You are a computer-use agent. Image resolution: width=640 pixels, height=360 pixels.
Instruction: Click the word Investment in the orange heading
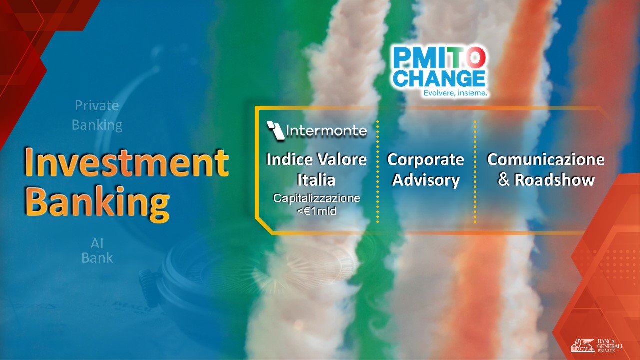click(x=126, y=163)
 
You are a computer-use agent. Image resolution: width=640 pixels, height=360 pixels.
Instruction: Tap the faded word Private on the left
click(x=97, y=105)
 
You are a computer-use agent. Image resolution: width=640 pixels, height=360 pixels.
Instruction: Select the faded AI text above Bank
click(x=97, y=243)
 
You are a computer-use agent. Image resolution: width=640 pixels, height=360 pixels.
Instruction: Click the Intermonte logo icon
click(x=275, y=131)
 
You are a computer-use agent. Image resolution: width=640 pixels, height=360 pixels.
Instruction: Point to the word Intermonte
click(x=326, y=131)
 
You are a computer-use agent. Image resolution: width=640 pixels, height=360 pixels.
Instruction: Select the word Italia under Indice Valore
click(x=316, y=180)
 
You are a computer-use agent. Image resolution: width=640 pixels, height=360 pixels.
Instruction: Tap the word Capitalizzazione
click(x=316, y=198)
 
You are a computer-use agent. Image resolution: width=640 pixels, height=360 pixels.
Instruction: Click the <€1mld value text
click(x=316, y=211)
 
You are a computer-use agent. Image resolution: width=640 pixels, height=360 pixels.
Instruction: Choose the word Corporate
click(x=425, y=160)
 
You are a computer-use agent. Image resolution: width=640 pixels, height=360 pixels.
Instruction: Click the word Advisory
click(x=426, y=180)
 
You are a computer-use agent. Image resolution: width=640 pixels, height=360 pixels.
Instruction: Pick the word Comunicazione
click(x=546, y=159)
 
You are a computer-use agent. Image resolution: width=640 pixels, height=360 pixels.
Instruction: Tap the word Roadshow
click(x=554, y=180)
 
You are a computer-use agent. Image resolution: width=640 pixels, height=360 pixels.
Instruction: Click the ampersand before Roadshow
click(x=504, y=180)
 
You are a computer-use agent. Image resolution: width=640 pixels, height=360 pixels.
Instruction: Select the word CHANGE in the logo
click(x=439, y=78)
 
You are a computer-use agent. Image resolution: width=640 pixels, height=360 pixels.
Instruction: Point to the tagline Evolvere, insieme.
click(x=455, y=93)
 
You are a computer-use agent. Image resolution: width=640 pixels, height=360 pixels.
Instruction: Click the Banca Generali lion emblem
click(x=583, y=345)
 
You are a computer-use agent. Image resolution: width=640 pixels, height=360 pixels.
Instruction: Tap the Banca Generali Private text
click(x=609, y=345)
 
